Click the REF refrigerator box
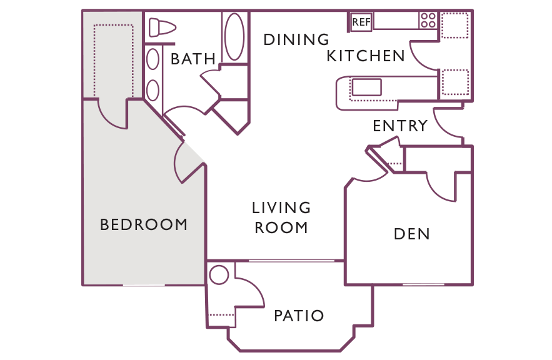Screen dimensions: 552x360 [361, 22]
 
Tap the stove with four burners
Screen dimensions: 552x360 [428, 20]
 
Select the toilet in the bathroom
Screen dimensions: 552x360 [163, 27]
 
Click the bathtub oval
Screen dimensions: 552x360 [234, 37]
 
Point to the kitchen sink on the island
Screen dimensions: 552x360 [366, 87]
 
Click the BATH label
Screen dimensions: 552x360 [193, 59]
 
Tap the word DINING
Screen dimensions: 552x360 [296, 39]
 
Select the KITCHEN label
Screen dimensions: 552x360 [366, 56]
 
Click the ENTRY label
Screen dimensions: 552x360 [400, 126]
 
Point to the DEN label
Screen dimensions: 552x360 [412, 234]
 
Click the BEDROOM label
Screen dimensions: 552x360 [144, 224]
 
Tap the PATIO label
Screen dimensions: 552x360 [299, 316]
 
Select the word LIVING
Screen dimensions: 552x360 [281, 207]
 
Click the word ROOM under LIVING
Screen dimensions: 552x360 [281, 227]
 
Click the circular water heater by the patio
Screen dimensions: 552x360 [219, 275]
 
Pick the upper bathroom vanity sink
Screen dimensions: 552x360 [153, 59]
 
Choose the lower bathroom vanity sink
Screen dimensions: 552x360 [153, 90]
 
